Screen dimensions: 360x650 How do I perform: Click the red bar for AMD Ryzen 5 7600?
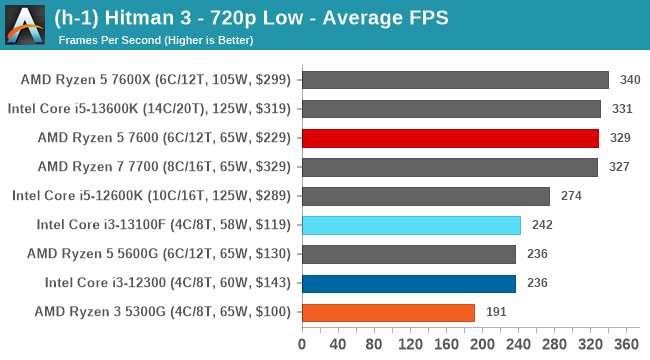(450, 138)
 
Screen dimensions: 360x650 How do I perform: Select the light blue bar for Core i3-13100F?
(411, 225)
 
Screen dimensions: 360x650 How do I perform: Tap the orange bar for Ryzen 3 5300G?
(388, 312)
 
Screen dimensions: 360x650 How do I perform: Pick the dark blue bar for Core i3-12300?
(408, 283)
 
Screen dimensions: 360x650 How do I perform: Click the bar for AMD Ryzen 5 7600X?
(455, 80)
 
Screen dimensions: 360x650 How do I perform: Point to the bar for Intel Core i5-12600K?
(425, 196)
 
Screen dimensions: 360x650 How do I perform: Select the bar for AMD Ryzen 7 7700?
(449, 167)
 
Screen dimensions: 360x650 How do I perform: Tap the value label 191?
(498, 312)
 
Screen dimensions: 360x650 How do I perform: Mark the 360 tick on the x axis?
(627, 345)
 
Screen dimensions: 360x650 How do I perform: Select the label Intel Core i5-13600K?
(150, 109)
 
